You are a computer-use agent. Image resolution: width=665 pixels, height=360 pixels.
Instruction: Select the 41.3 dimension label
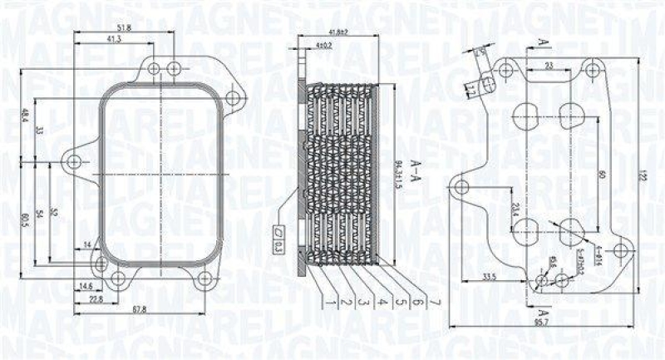[x=115, y=39]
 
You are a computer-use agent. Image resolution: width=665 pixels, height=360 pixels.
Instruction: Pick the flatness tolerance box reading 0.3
[x=278, y=244]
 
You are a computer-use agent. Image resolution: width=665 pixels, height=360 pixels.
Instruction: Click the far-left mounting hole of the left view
[x=74, y=160]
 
